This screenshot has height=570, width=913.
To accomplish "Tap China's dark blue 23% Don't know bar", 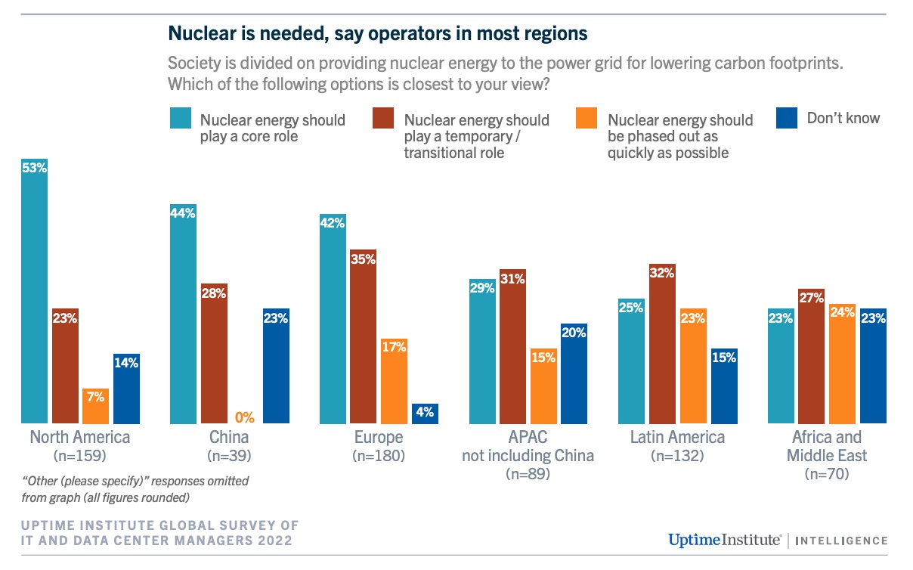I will (276, 366).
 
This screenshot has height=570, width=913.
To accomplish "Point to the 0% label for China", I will (245, 417).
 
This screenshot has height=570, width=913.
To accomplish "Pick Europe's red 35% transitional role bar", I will (363, 336).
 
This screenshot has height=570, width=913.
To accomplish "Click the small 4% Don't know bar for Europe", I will (425, 414).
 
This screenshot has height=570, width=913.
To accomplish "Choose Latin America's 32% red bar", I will (661, 344).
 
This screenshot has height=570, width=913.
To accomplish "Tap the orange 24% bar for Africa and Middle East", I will (843, 364).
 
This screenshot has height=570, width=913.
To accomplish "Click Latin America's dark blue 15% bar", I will (723, 386).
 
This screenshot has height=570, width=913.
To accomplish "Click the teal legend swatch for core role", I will (181, 119).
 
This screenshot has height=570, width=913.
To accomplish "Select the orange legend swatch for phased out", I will (588, 119).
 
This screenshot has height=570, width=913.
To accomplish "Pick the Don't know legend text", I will (843, 118).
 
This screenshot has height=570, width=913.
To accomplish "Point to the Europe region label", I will (379, 438).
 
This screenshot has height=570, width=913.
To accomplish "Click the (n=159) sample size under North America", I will (79, 456).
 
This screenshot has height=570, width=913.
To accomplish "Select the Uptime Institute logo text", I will (723, 540).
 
